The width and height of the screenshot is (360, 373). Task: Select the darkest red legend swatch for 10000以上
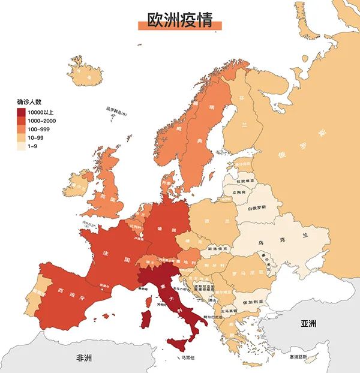click(x=21, y=112)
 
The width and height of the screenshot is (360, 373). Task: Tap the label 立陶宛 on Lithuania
click(x=238, y=192)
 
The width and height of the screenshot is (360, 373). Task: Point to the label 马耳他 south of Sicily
click(x=188, y=357)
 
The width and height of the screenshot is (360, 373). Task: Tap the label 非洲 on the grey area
click(x=83, y=358)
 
